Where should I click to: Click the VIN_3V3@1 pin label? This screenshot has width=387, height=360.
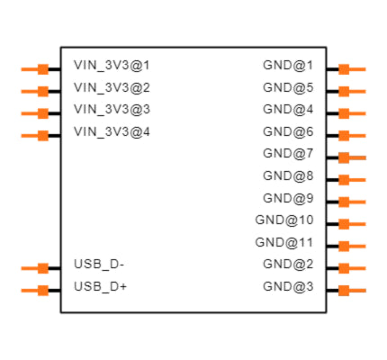coord(112,66)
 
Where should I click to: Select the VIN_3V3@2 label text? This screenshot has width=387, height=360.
coord(112,88)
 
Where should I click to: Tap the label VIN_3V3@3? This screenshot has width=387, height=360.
coord(112,110)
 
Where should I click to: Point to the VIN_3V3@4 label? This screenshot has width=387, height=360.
coord(112,132)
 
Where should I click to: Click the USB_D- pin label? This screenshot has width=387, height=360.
coord(99,265)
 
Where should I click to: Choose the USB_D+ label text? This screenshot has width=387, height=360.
coord(100,287)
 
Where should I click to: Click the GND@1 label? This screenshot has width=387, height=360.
coord(288,66)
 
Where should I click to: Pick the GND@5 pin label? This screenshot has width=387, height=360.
coord(288,88)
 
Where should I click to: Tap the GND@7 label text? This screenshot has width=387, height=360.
coord(288,154)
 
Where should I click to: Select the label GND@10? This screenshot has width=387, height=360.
coord(284,220)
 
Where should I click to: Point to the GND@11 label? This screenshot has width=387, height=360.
coord(284,242)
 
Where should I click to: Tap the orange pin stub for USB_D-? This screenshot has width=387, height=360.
coord(42,268)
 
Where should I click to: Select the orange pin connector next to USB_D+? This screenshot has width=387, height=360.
coord(42,290)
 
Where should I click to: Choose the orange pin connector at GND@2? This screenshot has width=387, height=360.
coord(344,268)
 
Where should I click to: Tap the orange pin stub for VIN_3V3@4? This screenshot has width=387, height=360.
coord(42,136)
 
